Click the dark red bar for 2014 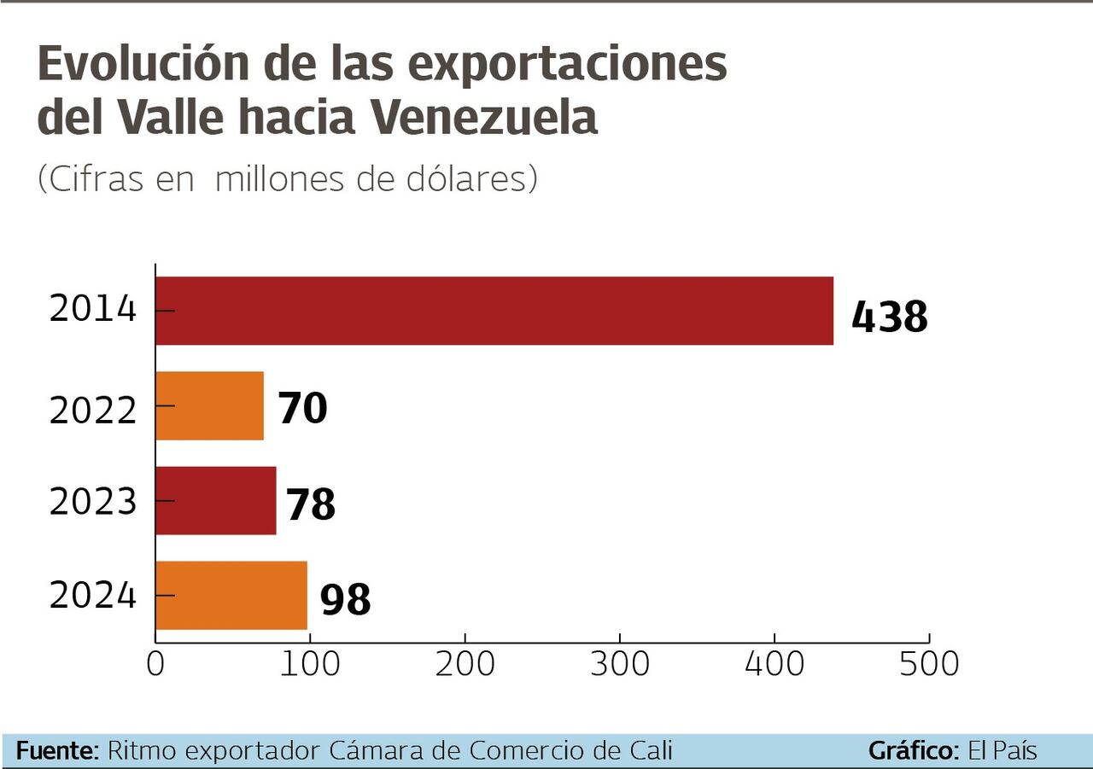(494, 311)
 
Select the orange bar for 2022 (209, 405)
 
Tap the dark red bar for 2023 (215, 500)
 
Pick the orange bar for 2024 (231, 595)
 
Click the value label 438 (889, 317)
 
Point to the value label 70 (302, 408)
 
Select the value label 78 (310, 504)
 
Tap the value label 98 (345, 599)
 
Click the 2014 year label (93, 309)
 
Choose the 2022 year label (93, 411)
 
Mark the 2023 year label (93, 503)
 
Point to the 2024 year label (93, 595)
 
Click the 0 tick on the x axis (155, 664)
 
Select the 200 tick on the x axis (465, 664)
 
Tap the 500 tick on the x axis (929, 664)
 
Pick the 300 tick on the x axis (620, 664)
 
